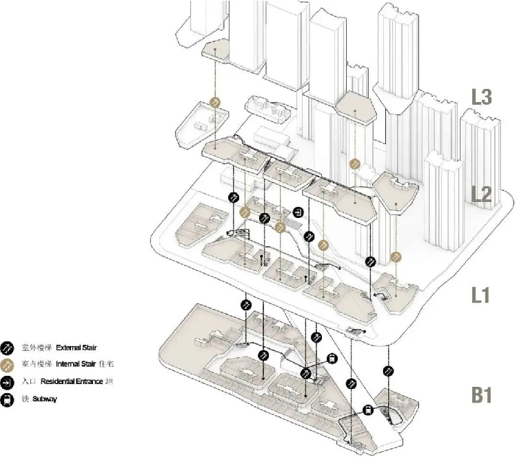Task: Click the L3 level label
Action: (481, 97)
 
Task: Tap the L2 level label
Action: (481, 195)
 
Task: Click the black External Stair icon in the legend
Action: (8, 347)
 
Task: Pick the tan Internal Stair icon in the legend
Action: (8, 364)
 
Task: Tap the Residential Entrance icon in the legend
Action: (8, 381)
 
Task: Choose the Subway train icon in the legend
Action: (8, 399)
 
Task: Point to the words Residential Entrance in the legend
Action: (77, 381)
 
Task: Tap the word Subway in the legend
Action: (45, 399)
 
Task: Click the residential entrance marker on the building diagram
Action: (298, 212)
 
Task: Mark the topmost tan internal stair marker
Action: (215, 102)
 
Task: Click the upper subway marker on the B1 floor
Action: (332, 358)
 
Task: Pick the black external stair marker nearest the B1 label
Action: (387, 370)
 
